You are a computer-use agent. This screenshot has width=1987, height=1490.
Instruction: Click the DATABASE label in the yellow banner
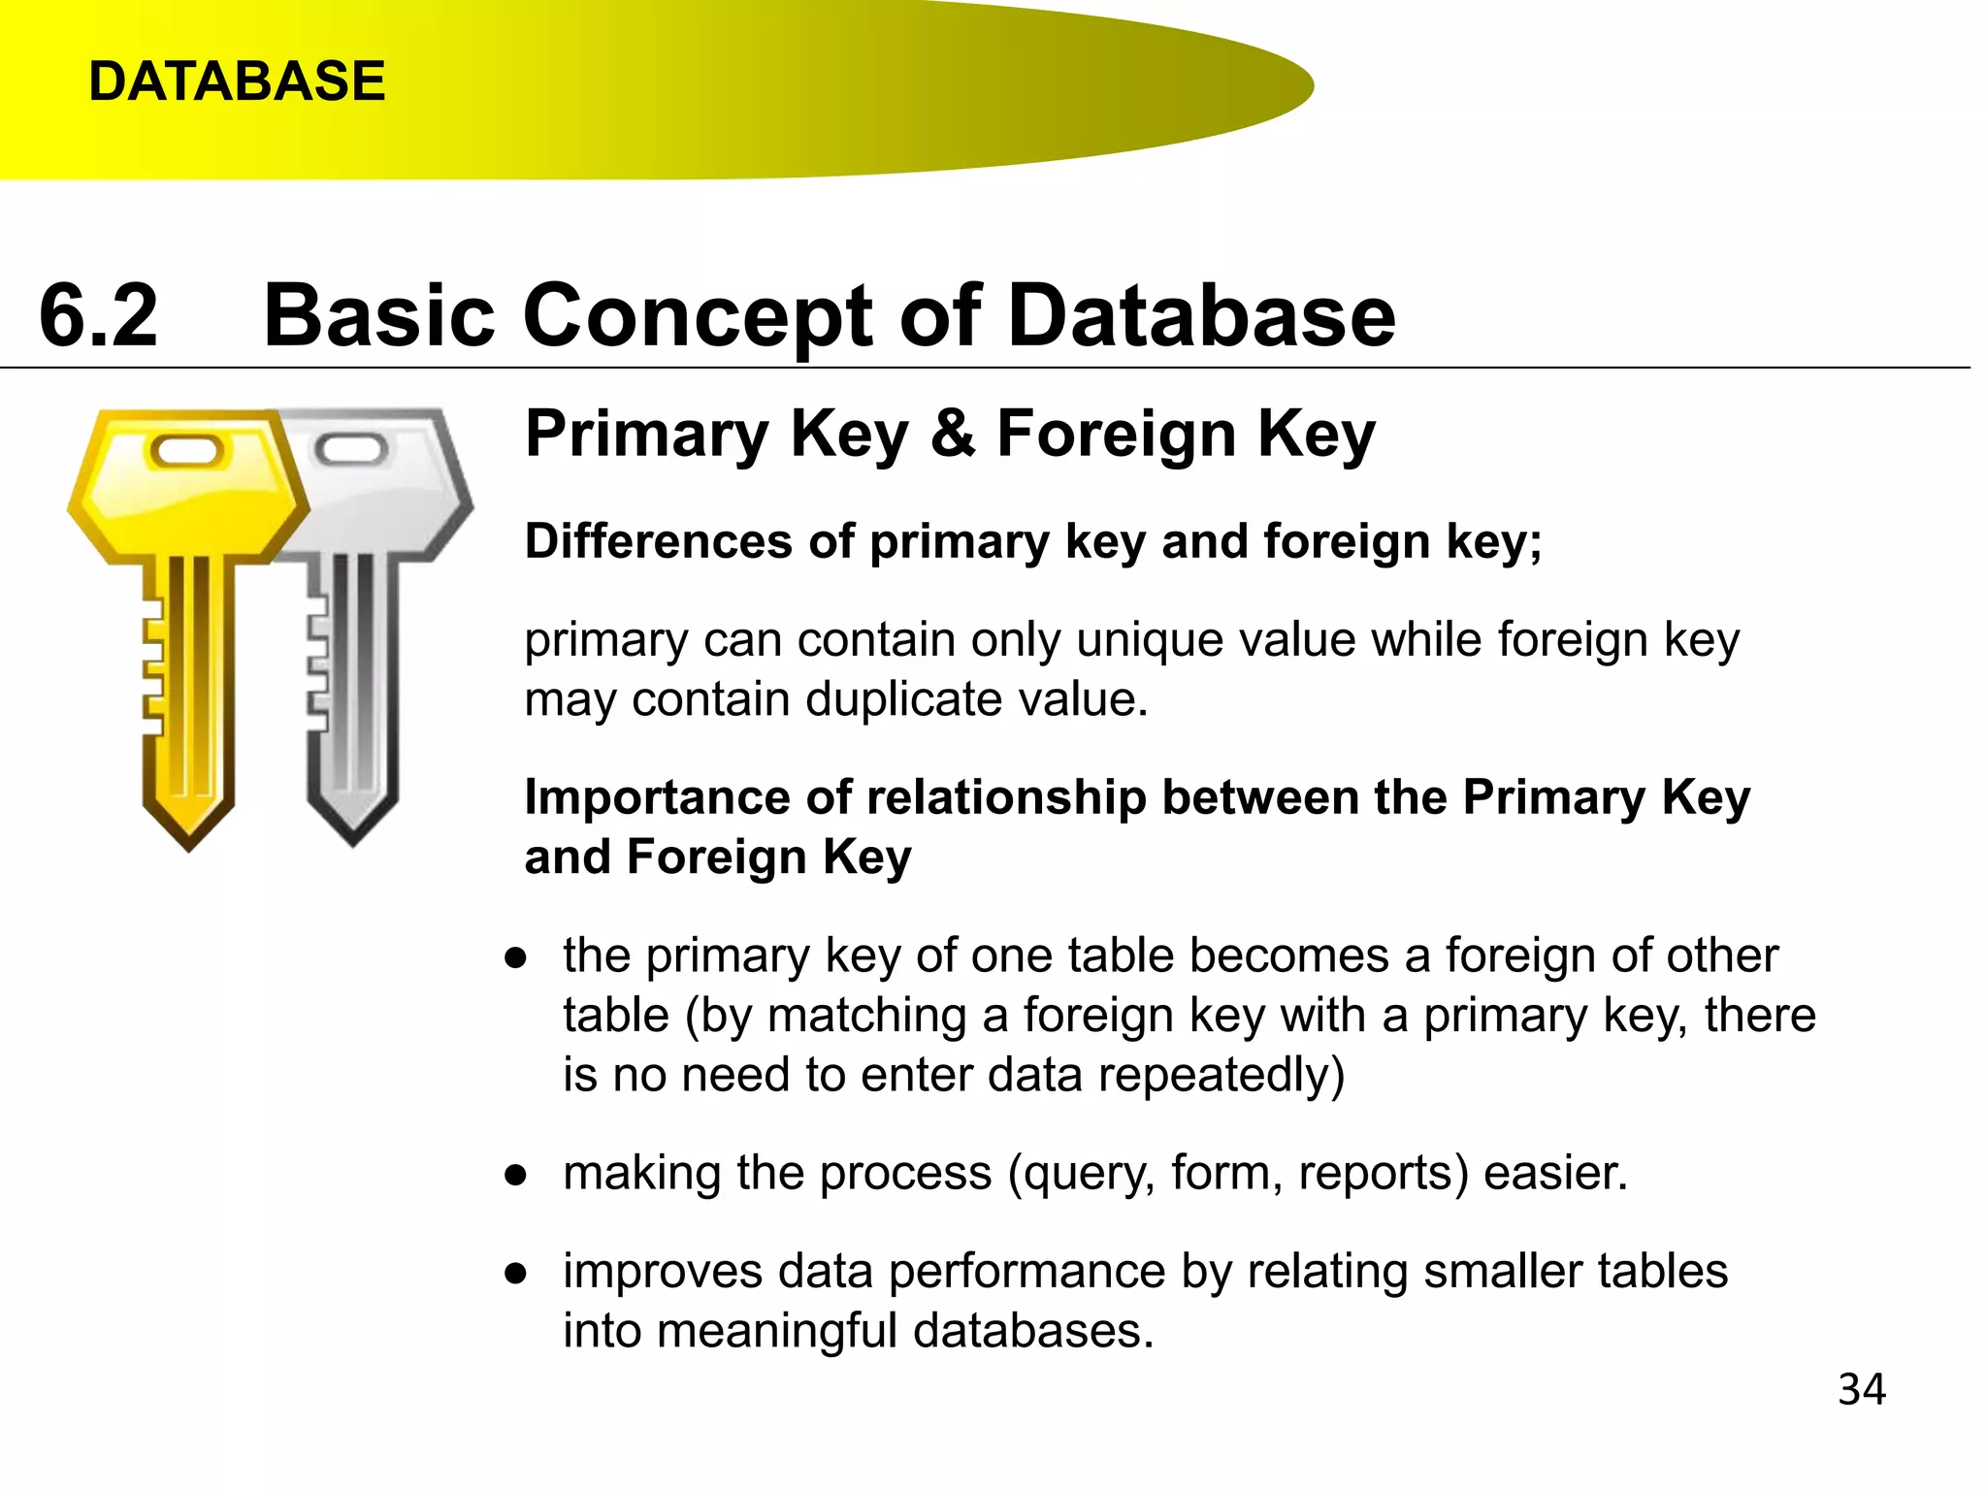tap(237, 81)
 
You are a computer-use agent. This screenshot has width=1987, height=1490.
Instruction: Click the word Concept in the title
tap(699, 316)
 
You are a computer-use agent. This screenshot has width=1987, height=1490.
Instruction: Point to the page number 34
tap(1861, 1389)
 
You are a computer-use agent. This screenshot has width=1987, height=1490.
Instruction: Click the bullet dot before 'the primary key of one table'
tap(516, 958)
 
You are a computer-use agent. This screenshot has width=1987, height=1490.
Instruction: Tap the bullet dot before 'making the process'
tap(516, 1176)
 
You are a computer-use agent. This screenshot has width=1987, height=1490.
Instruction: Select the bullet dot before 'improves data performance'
tap(516, 1274)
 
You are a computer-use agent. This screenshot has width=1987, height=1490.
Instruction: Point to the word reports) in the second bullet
tap(1384, 1174)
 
